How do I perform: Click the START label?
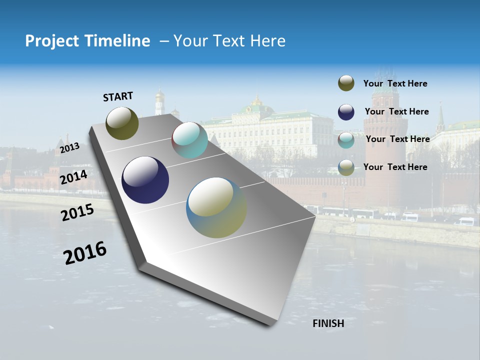[118, 96]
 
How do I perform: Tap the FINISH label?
[328, 323]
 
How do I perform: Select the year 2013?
[69, 147]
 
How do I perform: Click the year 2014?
[73, 177]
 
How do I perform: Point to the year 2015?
[77, 212]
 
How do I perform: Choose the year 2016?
[85, 253]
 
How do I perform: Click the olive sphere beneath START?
[122, 123]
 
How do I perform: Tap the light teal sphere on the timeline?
[189, 140]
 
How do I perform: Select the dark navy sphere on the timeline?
[145, 180]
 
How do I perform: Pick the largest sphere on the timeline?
[216, 207]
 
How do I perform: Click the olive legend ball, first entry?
[346, 83]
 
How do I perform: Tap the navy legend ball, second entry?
[346, 111]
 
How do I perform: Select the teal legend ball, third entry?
[346, 139]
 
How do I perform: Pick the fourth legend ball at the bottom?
[346, 167]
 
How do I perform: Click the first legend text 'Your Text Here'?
[395, 83]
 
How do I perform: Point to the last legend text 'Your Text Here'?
[395, 167]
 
